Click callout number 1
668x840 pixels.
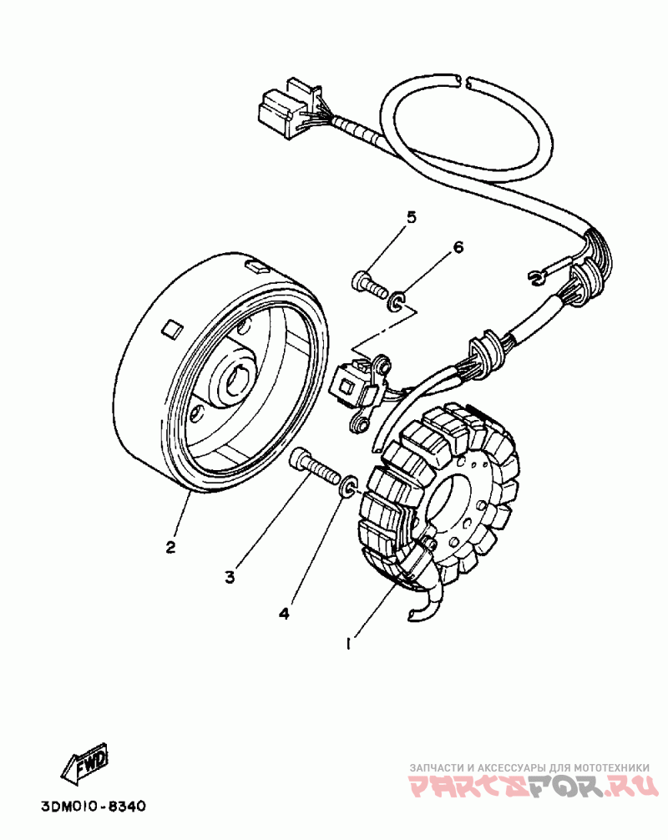point(352,644)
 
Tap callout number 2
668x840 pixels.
point(170,548)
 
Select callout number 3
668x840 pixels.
point(230,576)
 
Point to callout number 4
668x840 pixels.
point(284,614)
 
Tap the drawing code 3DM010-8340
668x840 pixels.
point(93,807)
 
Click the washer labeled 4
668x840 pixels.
point(349,485)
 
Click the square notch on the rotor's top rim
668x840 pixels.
point(256,267)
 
